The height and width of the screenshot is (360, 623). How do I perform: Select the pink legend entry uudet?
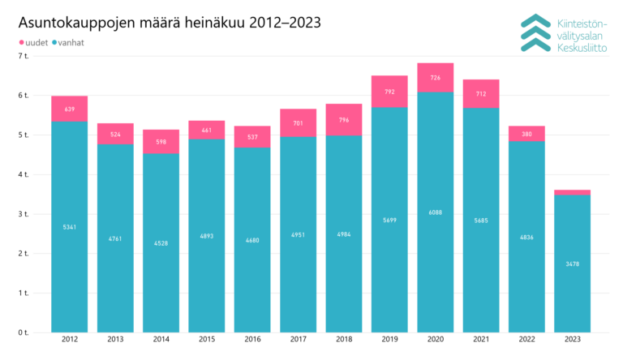click(x=32, y=42)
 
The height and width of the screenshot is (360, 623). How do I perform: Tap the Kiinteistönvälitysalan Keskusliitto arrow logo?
click(x=536, y=32)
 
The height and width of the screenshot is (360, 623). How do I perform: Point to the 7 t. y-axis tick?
click(x=23, y=56)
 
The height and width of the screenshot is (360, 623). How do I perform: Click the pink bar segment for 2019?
click(x=389, y=92)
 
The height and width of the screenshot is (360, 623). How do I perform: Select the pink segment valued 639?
click(x=69, y=109)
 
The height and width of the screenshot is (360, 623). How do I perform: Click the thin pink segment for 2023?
click(x=572, y=192)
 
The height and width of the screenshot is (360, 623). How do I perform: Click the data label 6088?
click(x=436, y=212)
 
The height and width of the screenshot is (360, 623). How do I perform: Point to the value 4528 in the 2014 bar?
click(x=161, y=242)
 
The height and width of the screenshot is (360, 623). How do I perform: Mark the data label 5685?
click(x=481, y=220)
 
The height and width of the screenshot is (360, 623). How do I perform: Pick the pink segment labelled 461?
click(x=206, y=130)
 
